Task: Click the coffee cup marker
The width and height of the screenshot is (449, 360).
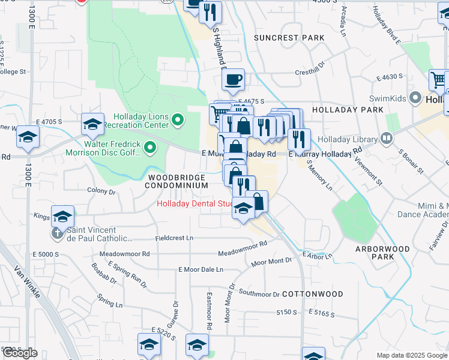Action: tap(234, 79)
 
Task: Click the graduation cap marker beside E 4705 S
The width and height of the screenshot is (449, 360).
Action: tap(92, 125)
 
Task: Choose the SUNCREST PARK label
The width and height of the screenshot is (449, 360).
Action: tap(289, 38)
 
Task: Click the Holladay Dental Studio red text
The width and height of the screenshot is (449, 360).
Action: tap(194, 203)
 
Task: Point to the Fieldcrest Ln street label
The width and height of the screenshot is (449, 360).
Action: tap(174, 238)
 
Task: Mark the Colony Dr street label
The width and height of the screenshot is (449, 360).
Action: tap(101, 191)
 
